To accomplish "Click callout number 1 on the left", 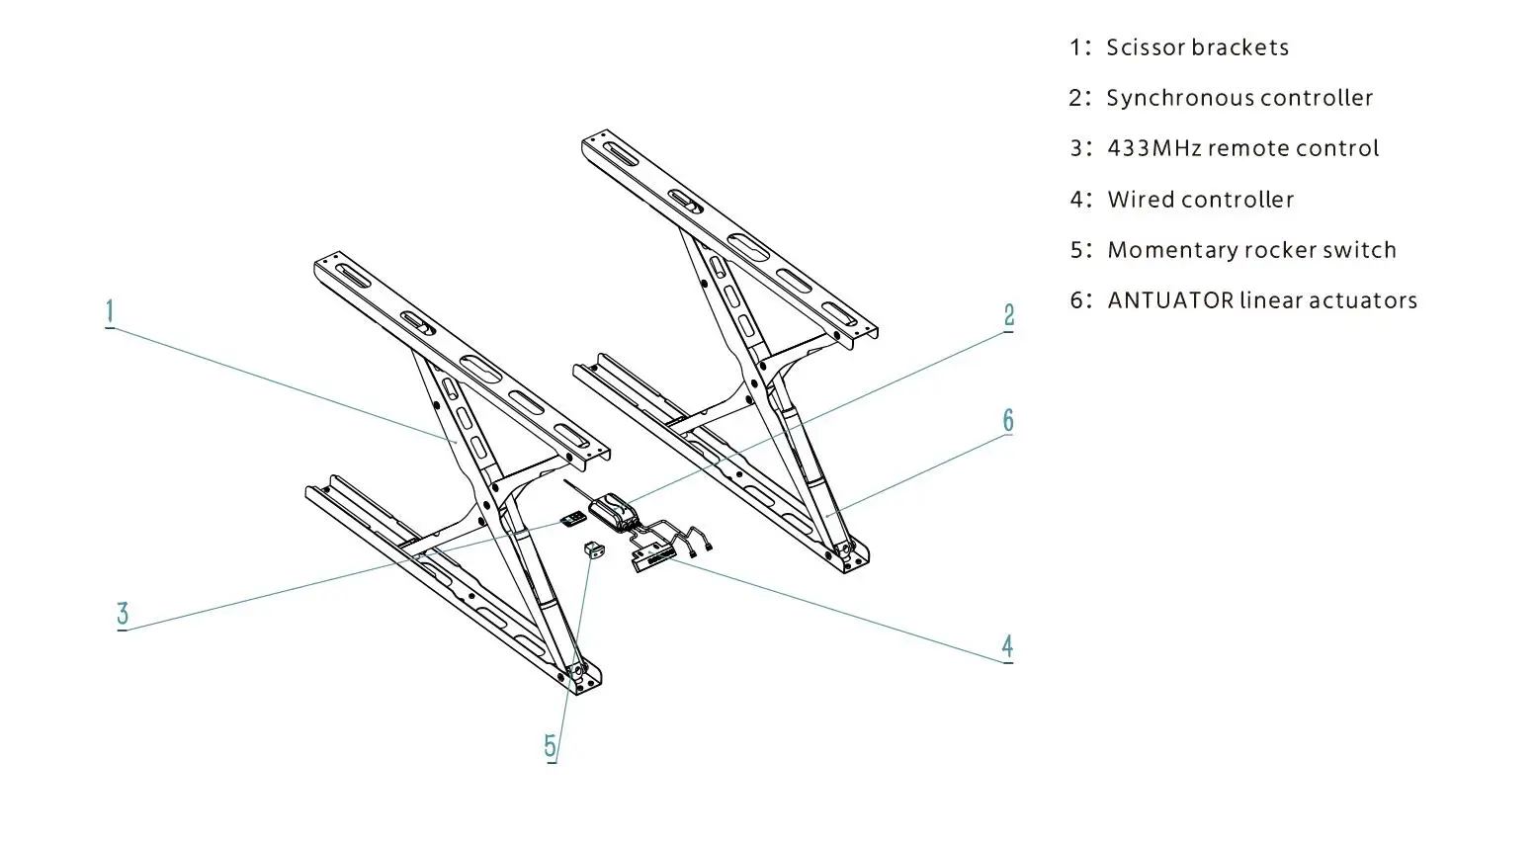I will point(110,312).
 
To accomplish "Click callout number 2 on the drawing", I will point(1008,315).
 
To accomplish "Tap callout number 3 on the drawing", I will point(123,614).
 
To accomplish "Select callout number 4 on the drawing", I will point(1006,646).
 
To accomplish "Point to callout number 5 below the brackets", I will point(551,746).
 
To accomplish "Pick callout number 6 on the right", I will point(1007,420).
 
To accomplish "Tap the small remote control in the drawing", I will point(573,518).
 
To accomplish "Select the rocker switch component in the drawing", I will point(594,549).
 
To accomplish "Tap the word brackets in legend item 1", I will point(1239,47).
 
